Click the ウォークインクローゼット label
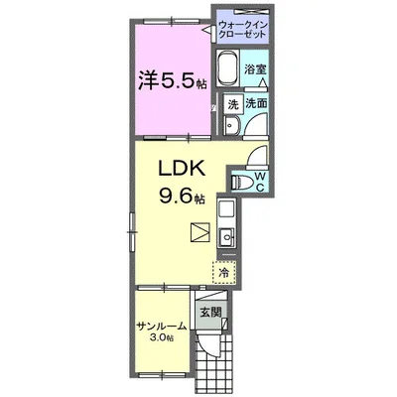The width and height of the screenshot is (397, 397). click(x=242, y=29)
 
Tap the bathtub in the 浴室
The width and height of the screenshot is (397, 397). click(x=228, y=68)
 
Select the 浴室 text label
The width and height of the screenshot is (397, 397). click(x=255, y=69)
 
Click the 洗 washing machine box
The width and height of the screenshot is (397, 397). click(x=233, y=104)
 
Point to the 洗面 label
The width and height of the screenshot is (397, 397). click(x=256, y=104)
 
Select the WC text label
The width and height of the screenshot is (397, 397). click(x=260, y=183)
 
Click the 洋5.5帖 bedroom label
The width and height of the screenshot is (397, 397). click(x=173, y=81)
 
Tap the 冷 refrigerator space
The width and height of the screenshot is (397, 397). click(x=224, y=272)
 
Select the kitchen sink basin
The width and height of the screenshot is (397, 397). click(x=226, y=237)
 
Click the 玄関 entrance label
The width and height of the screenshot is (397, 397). click(x=210, y=313)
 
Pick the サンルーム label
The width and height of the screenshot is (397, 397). click(x=162, y=327)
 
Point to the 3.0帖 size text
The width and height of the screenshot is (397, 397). click(x=161, y=338)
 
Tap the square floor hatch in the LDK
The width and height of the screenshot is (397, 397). click(x=200, y=232)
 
